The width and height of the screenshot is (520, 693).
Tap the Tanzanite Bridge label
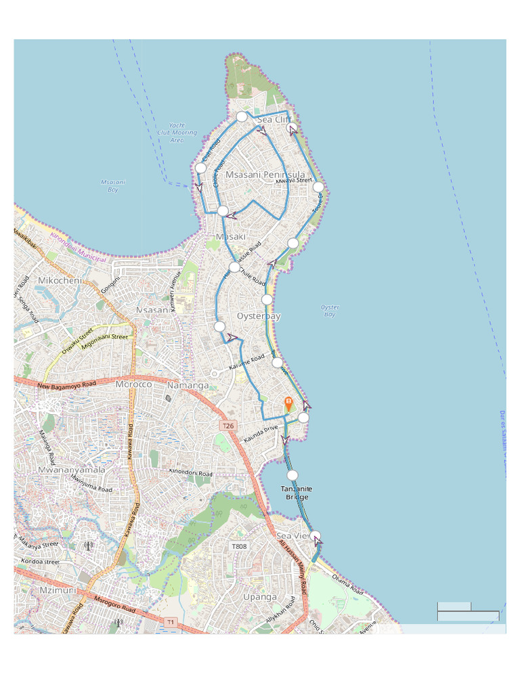297,493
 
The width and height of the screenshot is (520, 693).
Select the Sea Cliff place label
274,120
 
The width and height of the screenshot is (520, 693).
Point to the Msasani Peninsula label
265,175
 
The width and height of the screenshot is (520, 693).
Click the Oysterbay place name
259,316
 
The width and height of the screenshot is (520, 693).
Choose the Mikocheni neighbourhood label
60,280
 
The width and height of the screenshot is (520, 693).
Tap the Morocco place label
133,384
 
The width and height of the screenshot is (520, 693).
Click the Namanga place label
188,385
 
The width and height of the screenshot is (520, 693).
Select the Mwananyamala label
72,469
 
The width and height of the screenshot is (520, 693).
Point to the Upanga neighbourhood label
260,597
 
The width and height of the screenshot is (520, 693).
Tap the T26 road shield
228,426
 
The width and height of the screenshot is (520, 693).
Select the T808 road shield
240,546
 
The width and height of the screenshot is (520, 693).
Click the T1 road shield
171,621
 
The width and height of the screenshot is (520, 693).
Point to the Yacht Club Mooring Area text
177,133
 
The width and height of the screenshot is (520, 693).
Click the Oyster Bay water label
330,311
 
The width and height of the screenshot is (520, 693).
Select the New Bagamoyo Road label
66,386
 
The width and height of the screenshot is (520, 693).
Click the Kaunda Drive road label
261,434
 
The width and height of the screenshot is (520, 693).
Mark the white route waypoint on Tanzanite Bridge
292,475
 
